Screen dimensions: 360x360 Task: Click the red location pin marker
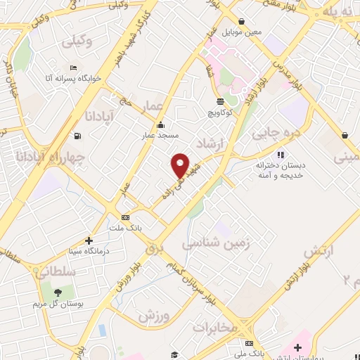pyautogui.click(x=181, y=165)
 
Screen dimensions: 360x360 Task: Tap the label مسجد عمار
pyautogui.click(x=162, y=134)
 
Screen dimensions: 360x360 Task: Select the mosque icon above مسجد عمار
pyautogui.click(x=161, y=125)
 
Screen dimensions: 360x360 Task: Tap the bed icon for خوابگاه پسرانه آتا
pyautogui.click(x=73, y=67)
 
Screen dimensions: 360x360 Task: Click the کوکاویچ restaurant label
pyautogui.click(x=221, y=112)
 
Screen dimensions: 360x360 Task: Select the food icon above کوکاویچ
pyautogui.click(x=221, y=103)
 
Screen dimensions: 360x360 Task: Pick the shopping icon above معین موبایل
pyautogui.click(x=241, y=22)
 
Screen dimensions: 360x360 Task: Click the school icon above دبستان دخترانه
pyautogui.click(x=280, y=155)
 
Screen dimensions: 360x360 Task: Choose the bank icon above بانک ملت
pyautogui.click(x=125, y=218)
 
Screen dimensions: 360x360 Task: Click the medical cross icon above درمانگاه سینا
pyautogui.click(x=89, y=240)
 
